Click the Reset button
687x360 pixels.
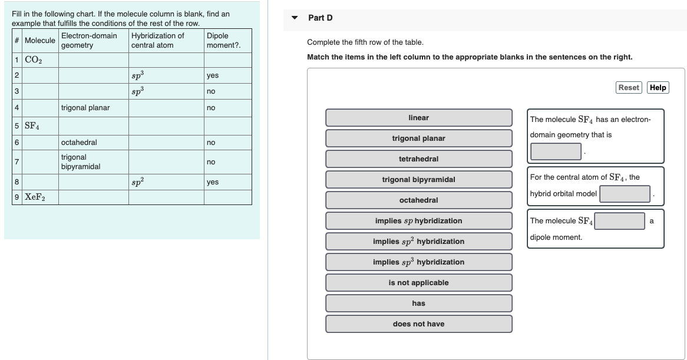629,87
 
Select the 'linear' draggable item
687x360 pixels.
418,118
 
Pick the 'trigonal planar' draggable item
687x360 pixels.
418,138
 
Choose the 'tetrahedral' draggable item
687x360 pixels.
418,159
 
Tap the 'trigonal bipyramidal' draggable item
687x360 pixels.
418,180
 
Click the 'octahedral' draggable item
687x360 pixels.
418,200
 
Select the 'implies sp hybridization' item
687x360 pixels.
418,221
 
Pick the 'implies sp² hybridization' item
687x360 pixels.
418,242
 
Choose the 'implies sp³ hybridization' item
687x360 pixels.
418,262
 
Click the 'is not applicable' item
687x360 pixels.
418,283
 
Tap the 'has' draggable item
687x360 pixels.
418,303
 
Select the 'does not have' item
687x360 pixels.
418,324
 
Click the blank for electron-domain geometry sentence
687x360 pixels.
556,151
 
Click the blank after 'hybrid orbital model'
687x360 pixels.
625,194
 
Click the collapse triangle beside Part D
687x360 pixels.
295,18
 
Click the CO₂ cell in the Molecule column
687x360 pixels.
35,60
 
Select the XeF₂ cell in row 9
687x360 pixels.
35,197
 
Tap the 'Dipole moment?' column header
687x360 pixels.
228,40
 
